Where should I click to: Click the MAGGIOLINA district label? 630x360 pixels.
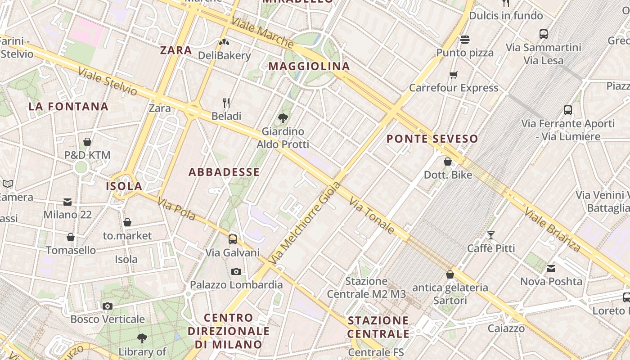point(309,66)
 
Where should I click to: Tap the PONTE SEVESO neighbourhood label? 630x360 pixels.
point(432,139)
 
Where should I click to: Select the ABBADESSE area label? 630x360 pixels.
point(224,172)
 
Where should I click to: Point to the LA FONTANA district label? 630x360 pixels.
point(68,107)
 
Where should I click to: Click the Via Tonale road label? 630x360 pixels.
point(371,216)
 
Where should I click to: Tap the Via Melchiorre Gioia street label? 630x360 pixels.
point(304,223)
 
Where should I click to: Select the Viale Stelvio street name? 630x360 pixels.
point(108,81)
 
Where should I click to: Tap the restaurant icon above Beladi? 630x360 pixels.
point(226,103)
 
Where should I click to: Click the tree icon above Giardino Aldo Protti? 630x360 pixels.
point(283,118)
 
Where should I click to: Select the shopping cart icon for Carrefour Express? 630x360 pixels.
point(453,75)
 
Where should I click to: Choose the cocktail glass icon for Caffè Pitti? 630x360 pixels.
point(490,235)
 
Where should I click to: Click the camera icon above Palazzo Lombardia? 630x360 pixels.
point(236,271)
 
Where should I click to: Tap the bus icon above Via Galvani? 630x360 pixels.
point(233,239)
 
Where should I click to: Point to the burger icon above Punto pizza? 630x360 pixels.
point(465,40)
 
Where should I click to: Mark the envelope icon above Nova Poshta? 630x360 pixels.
point(551,269)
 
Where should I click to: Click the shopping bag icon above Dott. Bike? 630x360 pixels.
point(448,161)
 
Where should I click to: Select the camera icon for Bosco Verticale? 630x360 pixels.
point(107,306)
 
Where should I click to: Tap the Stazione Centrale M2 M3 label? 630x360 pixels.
point(366,288)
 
